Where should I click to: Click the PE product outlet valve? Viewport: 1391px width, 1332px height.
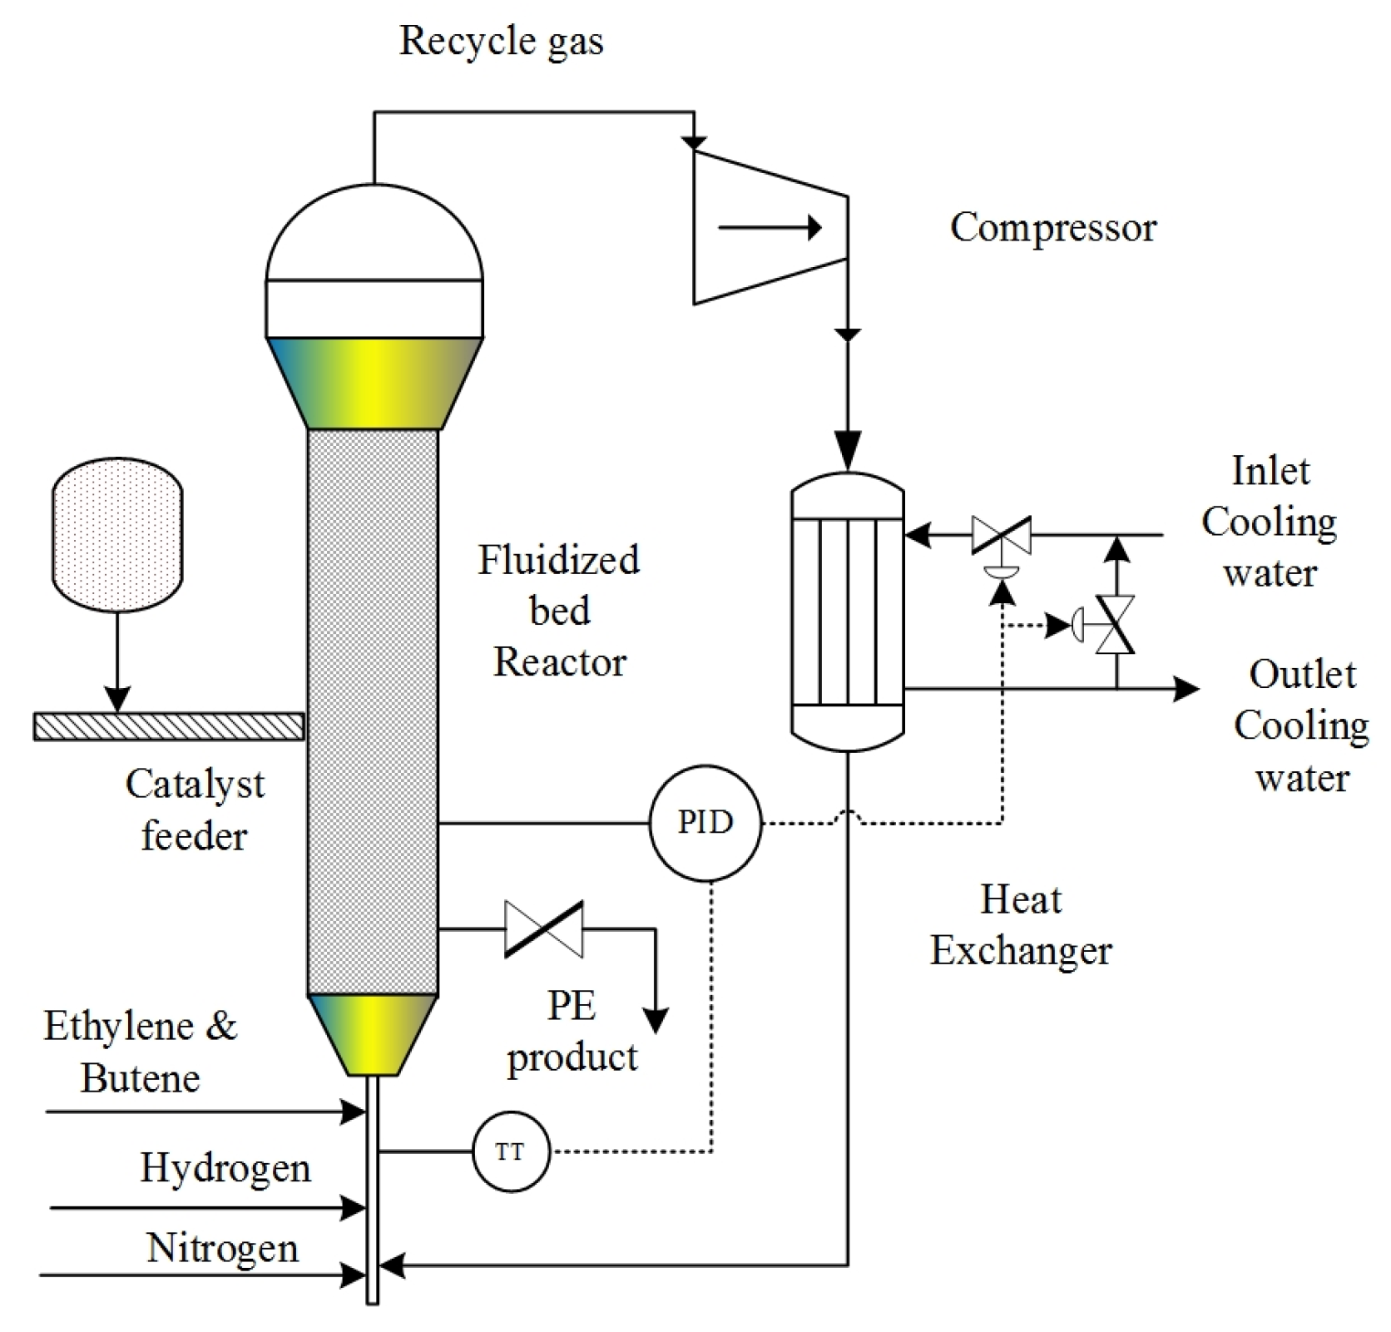pyautogui.click(x=544, y=928)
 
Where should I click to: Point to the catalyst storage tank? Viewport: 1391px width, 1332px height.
pyautogui.click(x=117, y=534)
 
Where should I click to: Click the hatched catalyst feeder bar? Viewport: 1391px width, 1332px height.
pyautogui.click(x=169, y=726)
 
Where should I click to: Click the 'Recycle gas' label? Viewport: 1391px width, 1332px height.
pyautogui.click(x=502, y=41)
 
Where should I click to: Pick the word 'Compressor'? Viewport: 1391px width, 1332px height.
pyautogui.click(x=1053, y=227)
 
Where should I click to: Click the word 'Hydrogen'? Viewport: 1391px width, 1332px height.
pyautogui.click(x=225, y=1169)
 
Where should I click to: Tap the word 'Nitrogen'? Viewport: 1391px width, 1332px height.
pyautogui.click(x=222, y=1249)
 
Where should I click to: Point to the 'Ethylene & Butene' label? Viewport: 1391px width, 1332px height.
pyautogui.click(x=141, y=1052)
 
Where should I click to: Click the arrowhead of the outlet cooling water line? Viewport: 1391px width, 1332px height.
pyautogui.click(x=1186, y=689)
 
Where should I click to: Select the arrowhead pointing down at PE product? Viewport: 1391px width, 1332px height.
pyautogui.click(x=656, y=1021)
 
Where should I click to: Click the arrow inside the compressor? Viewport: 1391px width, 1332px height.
pyautogui.click(x=770, y=227)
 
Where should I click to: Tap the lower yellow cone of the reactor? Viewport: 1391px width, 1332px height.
pyautogui.click(x=372, y=1035)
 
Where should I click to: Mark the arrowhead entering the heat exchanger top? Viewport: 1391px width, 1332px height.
pyautogui.click(x=848, y=452)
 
